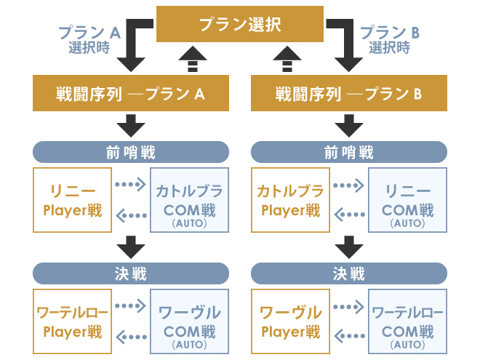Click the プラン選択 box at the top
[240, 24]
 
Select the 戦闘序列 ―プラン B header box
[349, 94]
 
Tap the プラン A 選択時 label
[89, 39]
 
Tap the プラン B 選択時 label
[391, 39]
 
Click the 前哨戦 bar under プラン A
[131, 152]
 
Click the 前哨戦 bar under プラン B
[349, 152]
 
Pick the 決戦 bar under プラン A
[131, 273]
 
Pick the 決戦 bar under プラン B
[349, 273]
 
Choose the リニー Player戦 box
[72, 200]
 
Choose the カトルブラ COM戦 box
[190, 200]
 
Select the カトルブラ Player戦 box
[290, 200]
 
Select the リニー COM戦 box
[408, 200]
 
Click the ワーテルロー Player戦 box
[72, 321]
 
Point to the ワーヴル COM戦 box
[190, 321]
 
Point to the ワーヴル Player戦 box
[290, 321]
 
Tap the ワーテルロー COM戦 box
[408, 321]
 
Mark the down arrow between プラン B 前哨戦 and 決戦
[349, 247]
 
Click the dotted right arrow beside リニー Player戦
[130, 184]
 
